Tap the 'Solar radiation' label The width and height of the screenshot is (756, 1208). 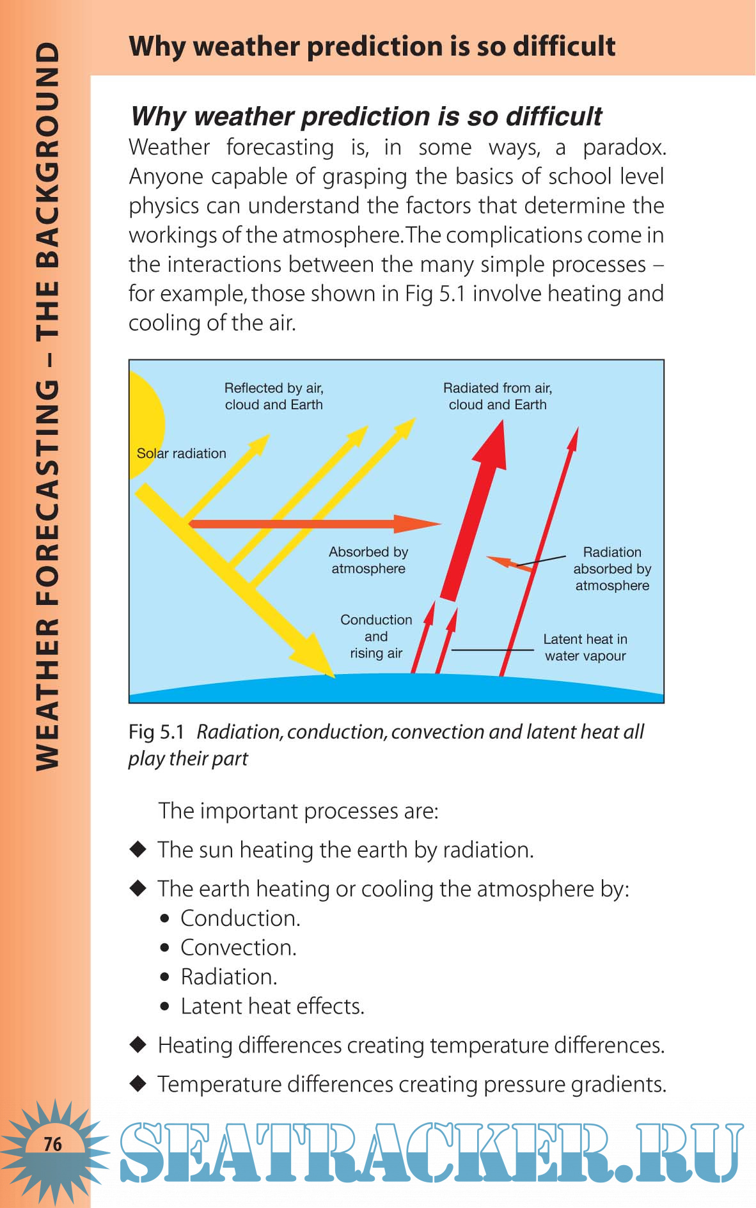[182, 453]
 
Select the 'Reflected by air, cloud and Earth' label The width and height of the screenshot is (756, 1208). [274, 396]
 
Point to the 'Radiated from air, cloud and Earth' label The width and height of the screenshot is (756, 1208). [498, 396]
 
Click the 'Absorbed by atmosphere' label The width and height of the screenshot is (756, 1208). [368, 560]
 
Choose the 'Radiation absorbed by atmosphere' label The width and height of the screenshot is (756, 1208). [612, 569]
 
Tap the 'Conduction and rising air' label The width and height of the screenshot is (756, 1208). [376, 636]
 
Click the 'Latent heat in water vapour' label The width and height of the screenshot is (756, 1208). [585, 647]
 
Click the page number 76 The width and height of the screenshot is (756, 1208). [53, 1143]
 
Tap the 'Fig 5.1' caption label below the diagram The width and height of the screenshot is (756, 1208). [156, 732]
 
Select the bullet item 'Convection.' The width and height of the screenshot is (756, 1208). [239, 948]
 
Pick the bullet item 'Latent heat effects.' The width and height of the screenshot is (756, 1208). [272, 1007]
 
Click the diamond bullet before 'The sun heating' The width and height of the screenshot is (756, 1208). [138, 849]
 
